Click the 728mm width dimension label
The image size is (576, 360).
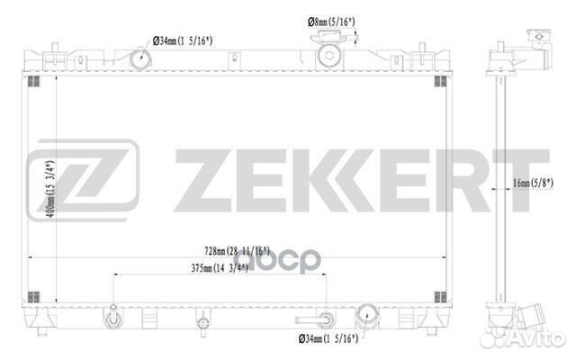click(237, 251)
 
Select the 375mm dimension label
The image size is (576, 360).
click(220, 268)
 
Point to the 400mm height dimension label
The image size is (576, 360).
click(51, 189)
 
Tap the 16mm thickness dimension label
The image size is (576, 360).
click(533, 183)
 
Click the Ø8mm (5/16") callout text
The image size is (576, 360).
click(331, 22)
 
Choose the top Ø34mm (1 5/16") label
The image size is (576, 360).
click(183, 40)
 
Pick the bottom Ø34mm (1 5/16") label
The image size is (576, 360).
click(328, 338)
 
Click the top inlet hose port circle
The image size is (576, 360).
click(141, 58)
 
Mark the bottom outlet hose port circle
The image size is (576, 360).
click(367, 317)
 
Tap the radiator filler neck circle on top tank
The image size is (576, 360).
click(329, 56)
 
